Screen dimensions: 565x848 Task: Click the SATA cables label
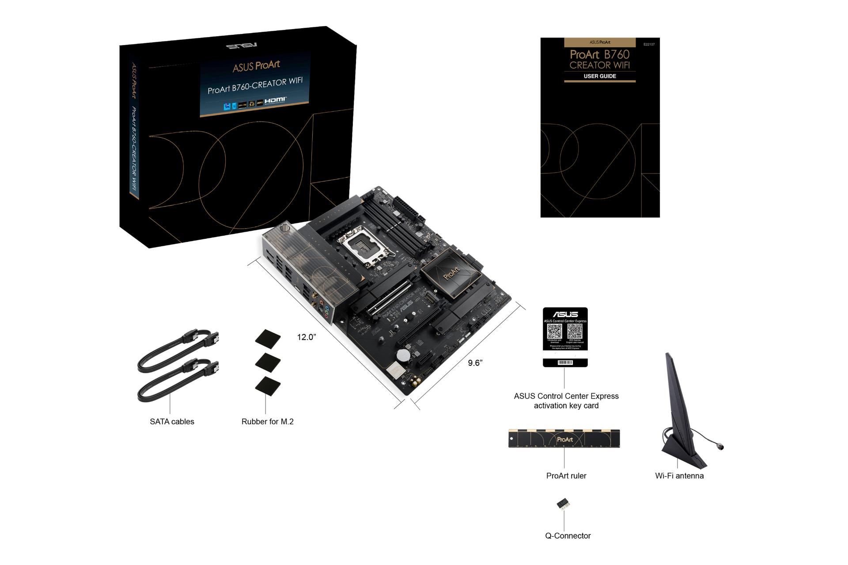coord(172,422)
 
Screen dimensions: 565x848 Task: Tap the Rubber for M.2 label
coord(267,422)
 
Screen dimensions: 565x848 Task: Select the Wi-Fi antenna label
coord(679,476)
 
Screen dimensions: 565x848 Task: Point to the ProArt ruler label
coord(566,476)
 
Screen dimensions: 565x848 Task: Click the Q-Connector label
coord(568,536)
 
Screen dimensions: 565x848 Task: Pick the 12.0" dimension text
coord(306,337)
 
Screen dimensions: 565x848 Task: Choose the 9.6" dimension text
coord(475,363)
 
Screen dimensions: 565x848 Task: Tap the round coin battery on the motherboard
coord(402,354)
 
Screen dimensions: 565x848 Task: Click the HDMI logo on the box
coord(276,100)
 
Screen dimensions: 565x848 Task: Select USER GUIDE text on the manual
coord(600,76)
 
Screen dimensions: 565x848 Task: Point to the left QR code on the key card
coord(554,331)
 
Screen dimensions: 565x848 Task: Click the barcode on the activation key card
coord(565,362)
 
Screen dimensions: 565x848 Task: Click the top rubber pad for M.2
coord(268,339)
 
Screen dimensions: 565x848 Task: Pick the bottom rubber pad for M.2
coord(268,385)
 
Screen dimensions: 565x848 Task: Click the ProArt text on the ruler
coord(565,439)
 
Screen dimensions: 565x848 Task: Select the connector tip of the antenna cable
coord(721,447)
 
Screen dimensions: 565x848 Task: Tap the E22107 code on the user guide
coord(649,45)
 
